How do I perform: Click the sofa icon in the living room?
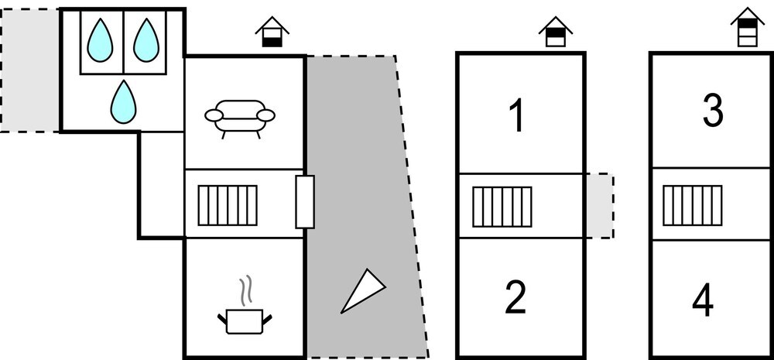click(240, 118)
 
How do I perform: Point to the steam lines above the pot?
click(245, 291)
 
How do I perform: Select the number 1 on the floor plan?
click(515, 116)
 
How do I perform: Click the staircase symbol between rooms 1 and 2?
click(502, 207)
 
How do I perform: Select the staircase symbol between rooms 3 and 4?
click(692, 205)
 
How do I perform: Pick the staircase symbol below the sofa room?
click(228, 205)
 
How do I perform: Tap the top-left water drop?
click(100, 40)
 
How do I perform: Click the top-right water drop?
click(146, 40)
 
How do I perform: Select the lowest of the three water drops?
click(123, 101)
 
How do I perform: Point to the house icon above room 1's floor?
click(555, 32)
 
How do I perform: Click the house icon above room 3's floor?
click(748, 28)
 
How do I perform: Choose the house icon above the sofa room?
click(272, 32)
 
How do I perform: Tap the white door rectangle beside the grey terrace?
click(305, 202)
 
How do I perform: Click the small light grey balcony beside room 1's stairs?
click(600, 206)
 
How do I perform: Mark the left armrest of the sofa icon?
click(214, 115)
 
